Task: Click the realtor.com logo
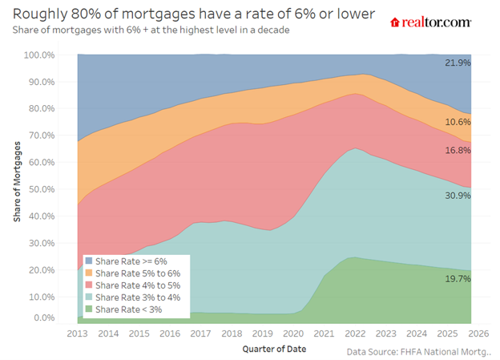(430, 22)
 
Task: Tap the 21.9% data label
(458, 63)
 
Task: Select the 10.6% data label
(458, 122)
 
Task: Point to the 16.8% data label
(458, 150)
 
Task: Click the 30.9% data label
(458, 196)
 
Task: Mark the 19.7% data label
(458, 279)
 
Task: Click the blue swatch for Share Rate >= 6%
(89, 261)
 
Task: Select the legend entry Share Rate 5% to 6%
(133, 273)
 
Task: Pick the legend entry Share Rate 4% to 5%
(133, 285)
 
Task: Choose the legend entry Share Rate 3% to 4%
(133, 297)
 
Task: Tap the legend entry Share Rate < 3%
(124, 309)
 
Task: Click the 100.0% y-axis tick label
(39, 55)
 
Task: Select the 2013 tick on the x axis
(77, 334)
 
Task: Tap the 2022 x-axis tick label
(355, 334)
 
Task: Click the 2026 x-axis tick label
(478, 334)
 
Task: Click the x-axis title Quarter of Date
(274, 349)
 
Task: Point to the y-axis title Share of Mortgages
(17, 181)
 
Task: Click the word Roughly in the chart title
(40, 14)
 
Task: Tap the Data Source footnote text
(419, 352)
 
